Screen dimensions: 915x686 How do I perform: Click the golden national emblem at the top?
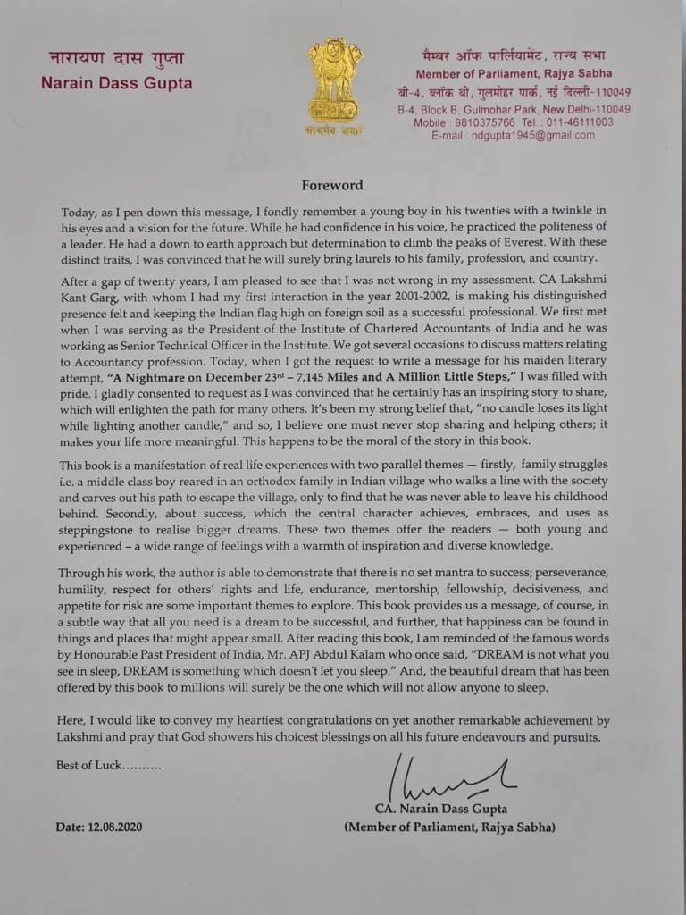pyautogui.click(x=336, y=80)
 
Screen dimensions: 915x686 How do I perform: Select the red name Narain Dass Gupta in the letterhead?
pyautogui.click(x=116, y=84)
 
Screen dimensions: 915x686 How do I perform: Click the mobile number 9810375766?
pyautogui.click(x=486, y=122)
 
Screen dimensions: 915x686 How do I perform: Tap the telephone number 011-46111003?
pyautogui.click(x=580, y=122)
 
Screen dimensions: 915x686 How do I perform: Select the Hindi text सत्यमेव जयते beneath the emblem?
pyautogui.click(x=336, y=131)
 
